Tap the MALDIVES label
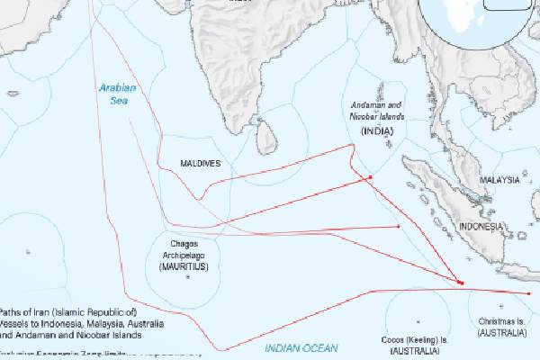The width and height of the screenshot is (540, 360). (200, 163)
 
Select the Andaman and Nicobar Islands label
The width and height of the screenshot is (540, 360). (377, 112)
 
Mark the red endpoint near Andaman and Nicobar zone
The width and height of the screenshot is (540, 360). (370, 177)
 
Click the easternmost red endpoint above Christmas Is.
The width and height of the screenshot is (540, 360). (529, 292)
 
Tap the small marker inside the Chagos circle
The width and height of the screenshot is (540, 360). (187, 277)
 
